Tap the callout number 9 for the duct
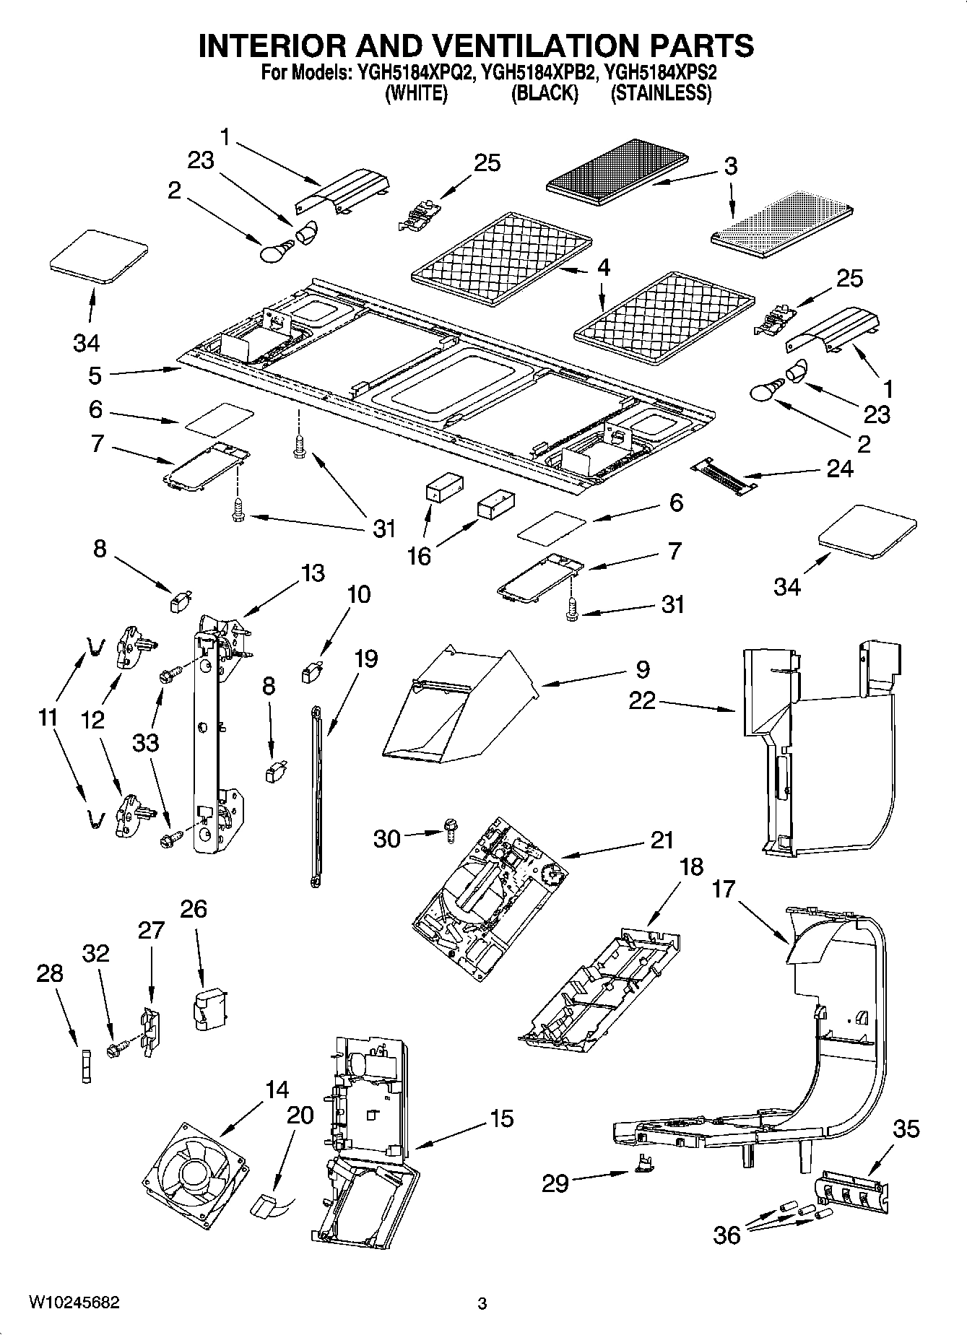click(x=642, y=670)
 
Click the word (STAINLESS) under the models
click(x=661, y=94)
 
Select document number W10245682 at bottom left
click(x=74, y=1303)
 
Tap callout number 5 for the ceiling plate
click(x=95, y=376)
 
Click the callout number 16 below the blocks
click(x=419, y=555)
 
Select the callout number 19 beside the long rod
click(x=366, y=659)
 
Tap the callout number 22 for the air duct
click(x=641, y=700)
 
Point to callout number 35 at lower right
click(x=906, y=1129)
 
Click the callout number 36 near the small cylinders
click(x=727, y=1235)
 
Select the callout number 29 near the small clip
click(x=555, y=1183)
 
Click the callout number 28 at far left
click(x=50, y=974)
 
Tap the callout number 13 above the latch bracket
click(x=312, y=573)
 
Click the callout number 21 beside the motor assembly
click(x=661, y=840)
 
